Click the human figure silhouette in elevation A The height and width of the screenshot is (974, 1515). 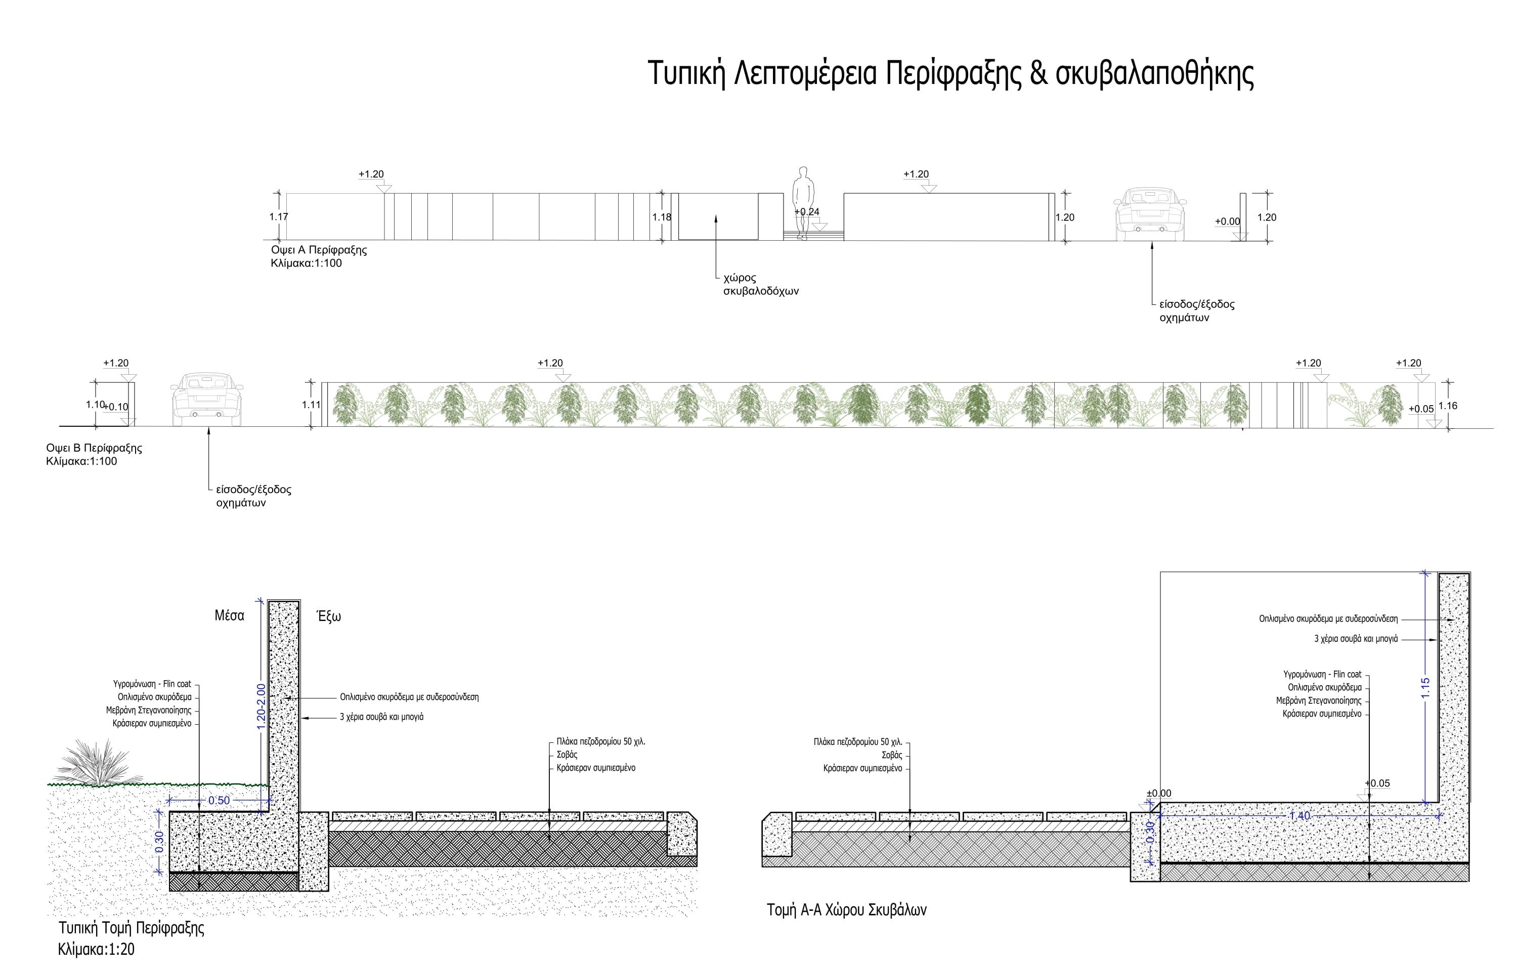[x=803, y=203]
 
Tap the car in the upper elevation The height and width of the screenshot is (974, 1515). [x=1149, y=215]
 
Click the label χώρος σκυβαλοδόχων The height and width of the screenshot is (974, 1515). [x=761, y=285]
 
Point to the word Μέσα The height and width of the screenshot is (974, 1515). [x=229, y=615]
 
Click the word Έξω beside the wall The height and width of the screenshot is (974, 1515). [x=329, y=616]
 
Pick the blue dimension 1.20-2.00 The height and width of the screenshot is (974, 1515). [x=261, y=706]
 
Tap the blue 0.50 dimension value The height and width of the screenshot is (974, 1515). [x=219, y=801]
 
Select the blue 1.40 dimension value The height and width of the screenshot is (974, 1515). [x=1300, y=816]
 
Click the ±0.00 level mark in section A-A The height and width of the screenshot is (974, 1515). [x=1159, y=793]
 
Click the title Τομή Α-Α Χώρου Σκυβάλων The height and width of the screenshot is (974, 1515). [x=846, y=910]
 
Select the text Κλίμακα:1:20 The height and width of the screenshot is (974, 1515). [x=96, y=949]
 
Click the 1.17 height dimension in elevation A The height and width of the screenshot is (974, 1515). [x=278, y=217]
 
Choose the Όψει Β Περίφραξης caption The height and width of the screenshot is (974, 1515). [x=94, y=448]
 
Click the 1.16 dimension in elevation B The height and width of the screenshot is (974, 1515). [x=1448, y=406]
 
